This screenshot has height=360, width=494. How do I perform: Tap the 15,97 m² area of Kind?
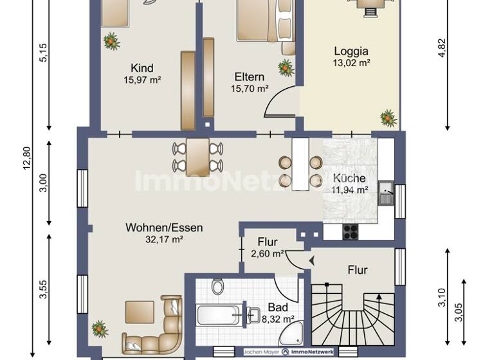tap(142, 80)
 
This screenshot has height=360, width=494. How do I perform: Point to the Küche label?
tap(349, 178)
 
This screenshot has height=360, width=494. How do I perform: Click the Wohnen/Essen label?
tap(164, 228)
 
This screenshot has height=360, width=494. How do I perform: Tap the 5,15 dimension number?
tap(44, 51)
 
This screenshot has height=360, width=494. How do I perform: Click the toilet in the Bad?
tap(217, 285)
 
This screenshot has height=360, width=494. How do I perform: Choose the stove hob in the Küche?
tap(350, 232)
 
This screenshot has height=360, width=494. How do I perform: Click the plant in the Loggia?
tap(388, 118)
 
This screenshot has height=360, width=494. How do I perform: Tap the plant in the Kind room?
tap(111, 42)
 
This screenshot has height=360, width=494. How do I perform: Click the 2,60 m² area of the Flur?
tap(268, 254)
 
